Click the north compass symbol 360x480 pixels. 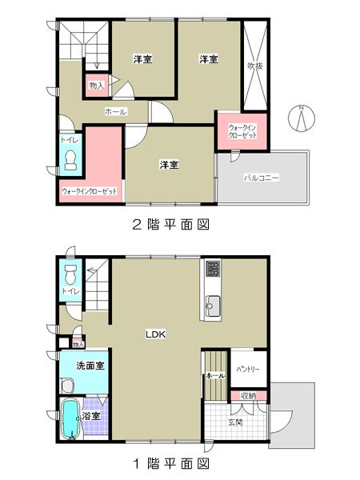pos(301,118)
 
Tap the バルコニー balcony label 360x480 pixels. pos(262,178)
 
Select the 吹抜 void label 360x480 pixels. pos(255,66)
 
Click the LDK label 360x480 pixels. pos(154,335)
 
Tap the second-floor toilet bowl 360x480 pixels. pos(69,158)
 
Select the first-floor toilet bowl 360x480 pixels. pos(70,276)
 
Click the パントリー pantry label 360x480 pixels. pos(248,369)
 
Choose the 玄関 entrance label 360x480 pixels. pos(235,422)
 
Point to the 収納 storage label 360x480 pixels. pos(248,396)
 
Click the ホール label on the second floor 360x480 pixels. pos(115,112)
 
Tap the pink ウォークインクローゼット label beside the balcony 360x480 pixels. pos(242,132)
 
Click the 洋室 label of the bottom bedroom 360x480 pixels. pos(168,165)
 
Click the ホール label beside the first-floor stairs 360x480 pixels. pos(215,374)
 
